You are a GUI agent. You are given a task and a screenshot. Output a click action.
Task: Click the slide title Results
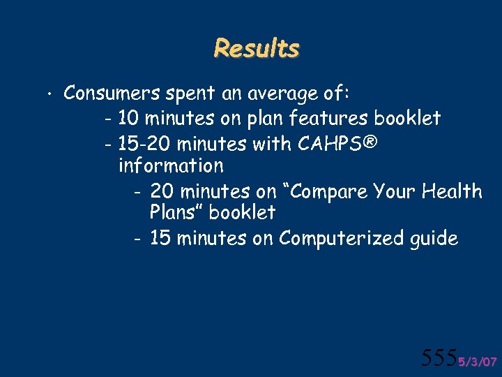point(256,49)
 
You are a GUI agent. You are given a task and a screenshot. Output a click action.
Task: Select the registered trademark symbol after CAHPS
point(370,143)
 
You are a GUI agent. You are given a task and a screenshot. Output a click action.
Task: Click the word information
point(171,166)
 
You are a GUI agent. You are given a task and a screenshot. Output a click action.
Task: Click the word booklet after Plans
point(242,212)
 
